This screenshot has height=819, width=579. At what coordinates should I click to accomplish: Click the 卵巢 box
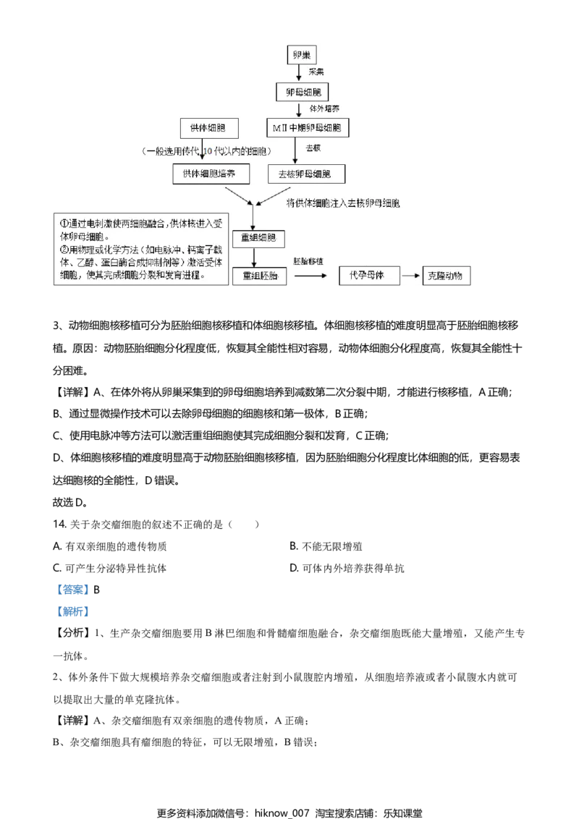[300, 55]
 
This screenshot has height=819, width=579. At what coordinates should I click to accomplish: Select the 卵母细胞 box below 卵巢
[300, 92]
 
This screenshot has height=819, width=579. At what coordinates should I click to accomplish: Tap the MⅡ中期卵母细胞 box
[307, 128]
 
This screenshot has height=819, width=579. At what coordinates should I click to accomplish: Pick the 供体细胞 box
[208, 128]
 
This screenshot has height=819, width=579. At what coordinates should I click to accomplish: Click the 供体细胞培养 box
[216, 174]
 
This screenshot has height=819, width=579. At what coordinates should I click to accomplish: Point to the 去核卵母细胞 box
[307, 174]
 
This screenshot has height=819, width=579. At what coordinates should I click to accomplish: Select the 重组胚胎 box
[260, 276]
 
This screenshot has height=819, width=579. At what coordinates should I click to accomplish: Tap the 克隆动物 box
[447, 276]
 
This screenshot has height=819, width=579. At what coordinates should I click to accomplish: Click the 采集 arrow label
[316, 73]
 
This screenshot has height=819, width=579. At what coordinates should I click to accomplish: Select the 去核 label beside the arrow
[313, 148]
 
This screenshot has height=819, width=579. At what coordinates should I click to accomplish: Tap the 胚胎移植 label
[308, 260]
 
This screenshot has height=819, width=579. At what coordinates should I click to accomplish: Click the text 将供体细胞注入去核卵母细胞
[343, 203]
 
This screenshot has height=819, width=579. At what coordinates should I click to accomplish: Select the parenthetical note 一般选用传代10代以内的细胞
[208, 151]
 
